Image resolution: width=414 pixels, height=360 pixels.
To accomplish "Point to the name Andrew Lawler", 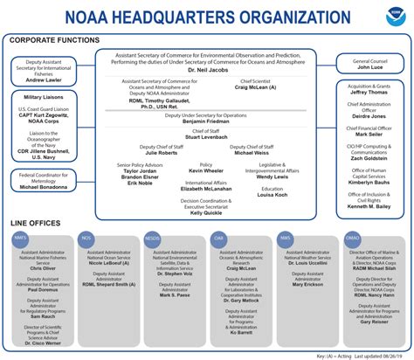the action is (x=45, y=79).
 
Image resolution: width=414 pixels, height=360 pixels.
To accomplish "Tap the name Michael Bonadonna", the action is (x=45, y=187).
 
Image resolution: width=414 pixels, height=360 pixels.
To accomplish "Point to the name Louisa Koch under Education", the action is (x=272, y=194).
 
